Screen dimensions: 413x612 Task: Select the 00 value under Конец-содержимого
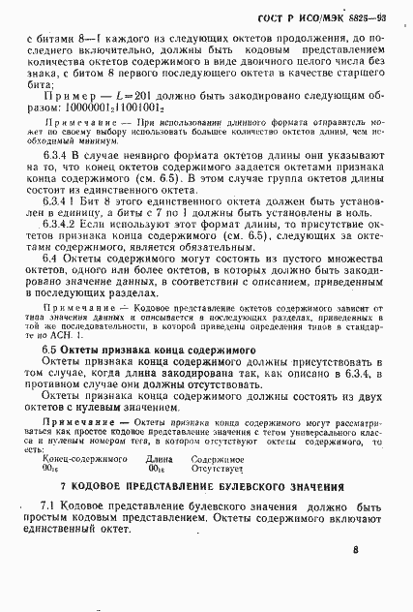point(51,469)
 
